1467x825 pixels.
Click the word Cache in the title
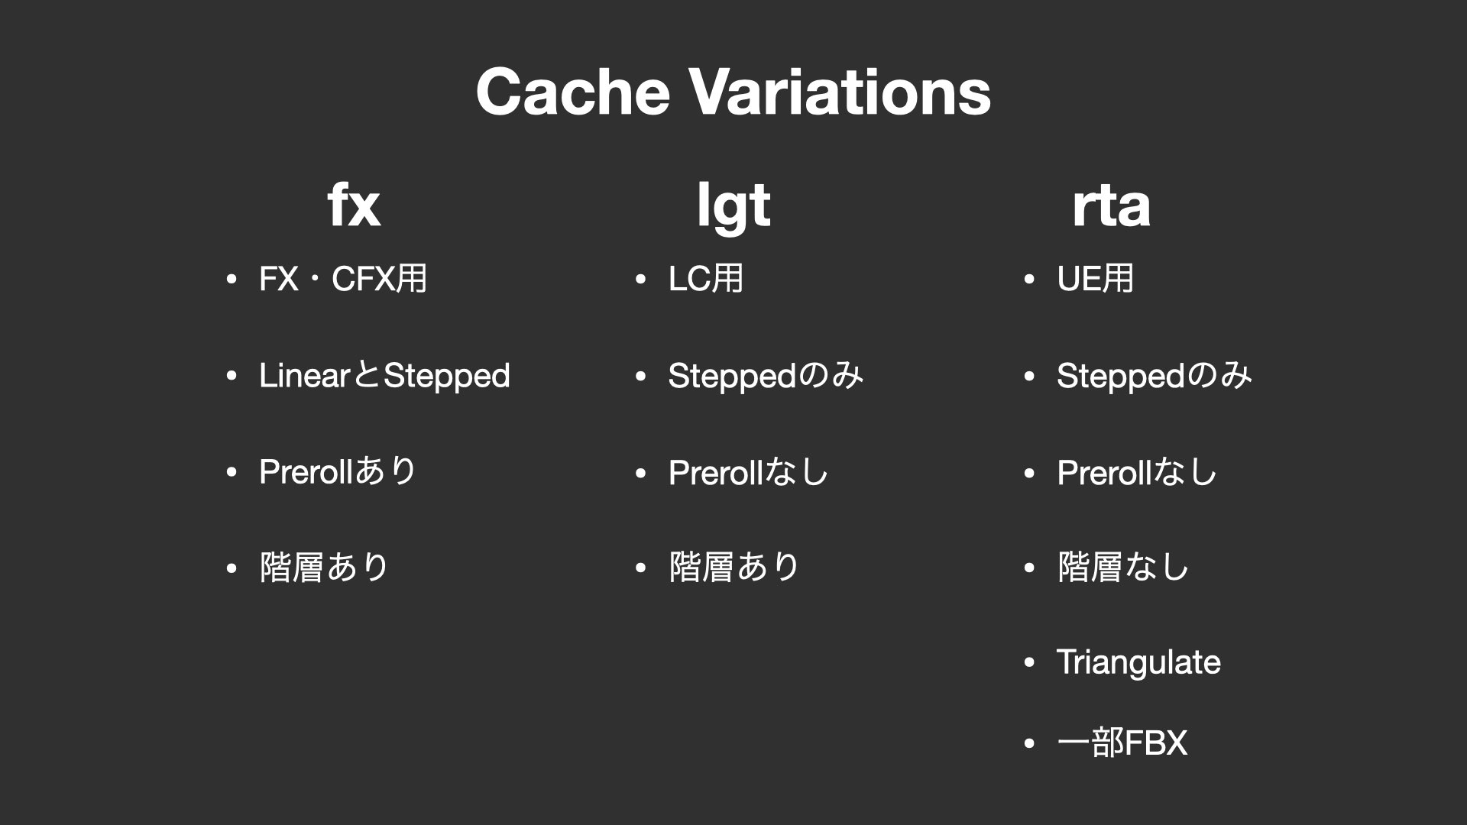[x=572, y=91]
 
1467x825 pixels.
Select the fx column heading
[x=354, y=205]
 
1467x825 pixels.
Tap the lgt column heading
[x=733, y=206]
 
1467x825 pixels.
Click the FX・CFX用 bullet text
[x=343, y=278]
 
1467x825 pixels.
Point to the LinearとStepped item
[x=384, y=376]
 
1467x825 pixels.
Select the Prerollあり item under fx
[x=338, y=471]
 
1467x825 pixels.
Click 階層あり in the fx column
[x=324, y=568]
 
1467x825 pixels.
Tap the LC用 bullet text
[x=705, y=278]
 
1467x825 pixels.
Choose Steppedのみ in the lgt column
[x=766, y=376]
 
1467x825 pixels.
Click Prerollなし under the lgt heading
[x=748, y=472]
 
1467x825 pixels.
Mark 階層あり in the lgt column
[x=733, y=568]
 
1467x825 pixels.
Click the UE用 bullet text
[x=1095, y=278]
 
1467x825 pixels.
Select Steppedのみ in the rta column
[x=1154, y=376]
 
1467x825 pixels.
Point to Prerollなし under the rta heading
[x=1136, y=472]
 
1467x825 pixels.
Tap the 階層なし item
[x=1122, y=568]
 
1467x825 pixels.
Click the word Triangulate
[x=1138, y=662]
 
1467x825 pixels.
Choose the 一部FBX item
[x=1122, y=742]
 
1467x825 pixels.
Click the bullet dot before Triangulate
[x=1029, y=662]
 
